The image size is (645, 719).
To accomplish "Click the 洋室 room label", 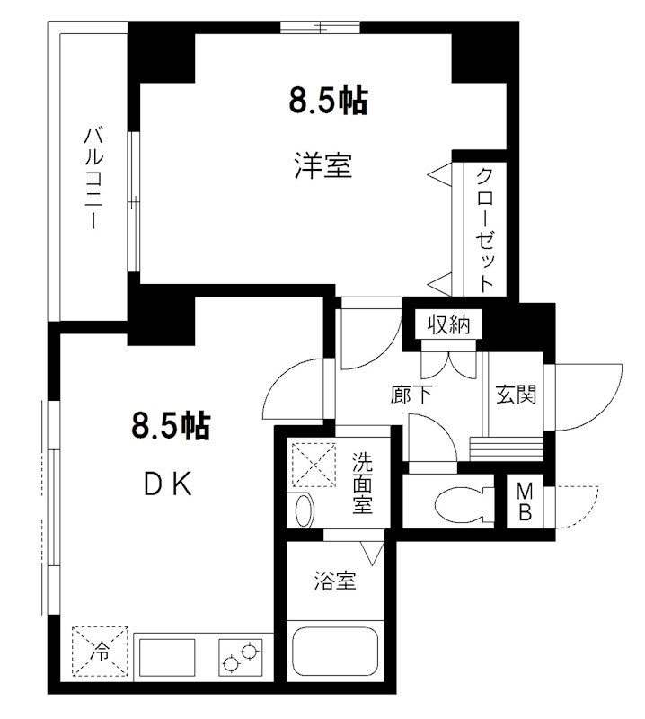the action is click(x=323, y=165).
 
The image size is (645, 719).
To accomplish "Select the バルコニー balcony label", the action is click(x=93, y=179).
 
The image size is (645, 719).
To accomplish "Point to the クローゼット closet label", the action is click(x=485, y=230).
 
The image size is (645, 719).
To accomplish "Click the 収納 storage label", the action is click(x=449, y=324).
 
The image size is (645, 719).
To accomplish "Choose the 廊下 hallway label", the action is click(x=411, y=394).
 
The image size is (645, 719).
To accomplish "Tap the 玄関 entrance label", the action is click(x=517, y=394).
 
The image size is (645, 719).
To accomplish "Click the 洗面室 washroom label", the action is click(x=362, y=483).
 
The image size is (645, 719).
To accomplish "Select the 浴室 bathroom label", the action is click(x=335, y=581).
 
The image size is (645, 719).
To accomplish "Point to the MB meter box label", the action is click(x=525, y=502).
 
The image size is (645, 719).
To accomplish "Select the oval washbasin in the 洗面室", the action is click(x=304, y=510).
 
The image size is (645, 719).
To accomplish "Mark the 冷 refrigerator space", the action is click(x=100, y=651).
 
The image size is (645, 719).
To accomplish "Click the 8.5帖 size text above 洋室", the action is click(x=329, y=101).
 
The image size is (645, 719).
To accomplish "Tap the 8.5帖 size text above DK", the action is click(x=171, y=426).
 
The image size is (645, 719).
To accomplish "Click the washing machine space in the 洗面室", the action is click(x=314, y=465).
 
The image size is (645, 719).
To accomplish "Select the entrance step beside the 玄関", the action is click(x=506, y=448).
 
